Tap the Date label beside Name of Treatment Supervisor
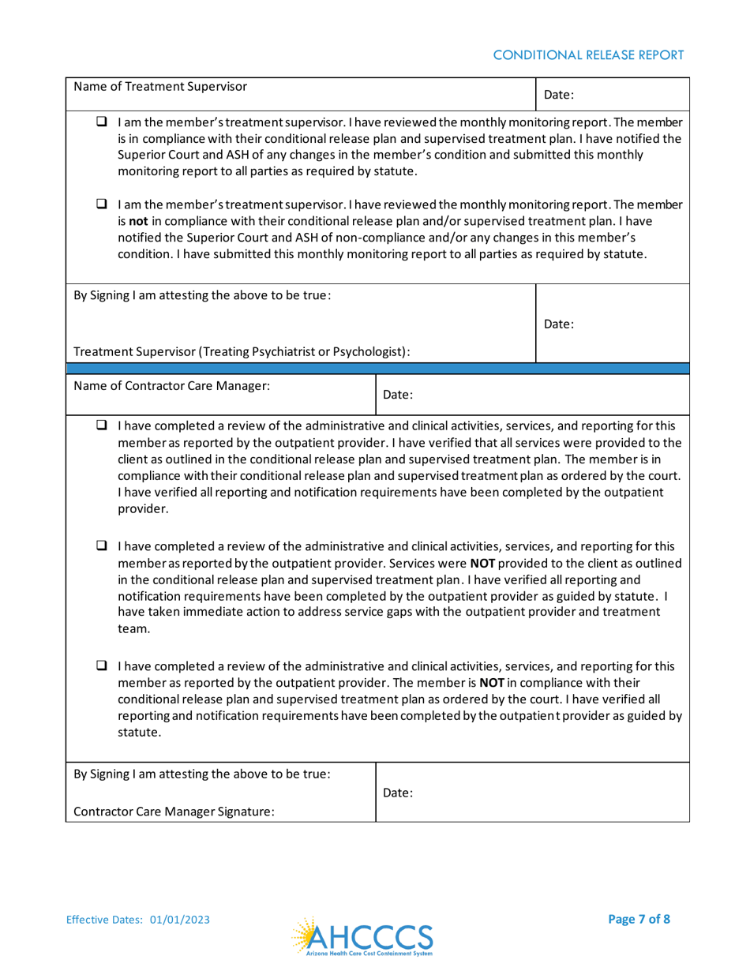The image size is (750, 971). tap(559, 96)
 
